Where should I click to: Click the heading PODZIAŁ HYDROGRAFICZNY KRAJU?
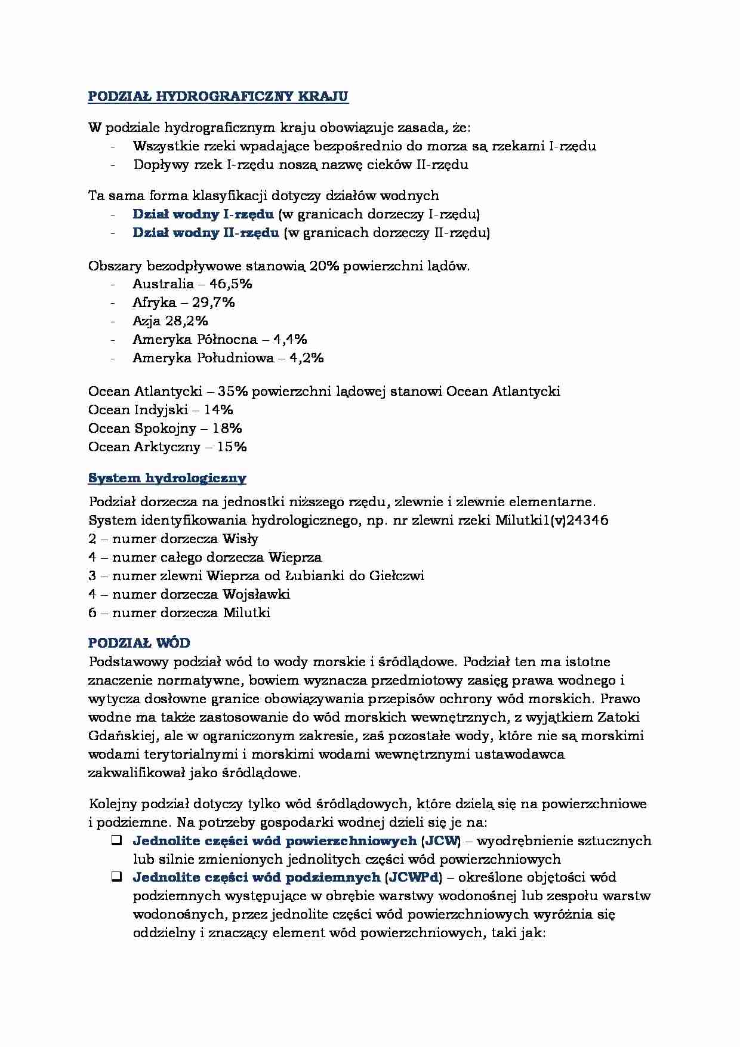(x=218, y=97)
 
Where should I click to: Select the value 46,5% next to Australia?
(x=230, y=284)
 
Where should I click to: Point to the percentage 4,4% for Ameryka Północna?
(x=290, y=339)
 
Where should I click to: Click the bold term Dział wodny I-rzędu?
(x=203, y=214)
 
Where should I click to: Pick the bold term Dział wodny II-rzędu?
(x=205, y=232)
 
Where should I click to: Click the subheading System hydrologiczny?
(x=167, y=478)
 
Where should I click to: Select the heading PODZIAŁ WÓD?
(x=139, y=643)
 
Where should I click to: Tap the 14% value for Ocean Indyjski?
(x=218, y=409)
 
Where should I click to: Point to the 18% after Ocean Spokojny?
(x=227, y=428)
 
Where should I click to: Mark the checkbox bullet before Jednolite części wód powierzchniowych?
(x=116, y=840)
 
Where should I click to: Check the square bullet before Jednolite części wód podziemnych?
(x=116, y=877)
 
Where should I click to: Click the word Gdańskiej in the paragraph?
(x=120, y=735)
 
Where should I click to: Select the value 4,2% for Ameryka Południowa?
(x=306, y=358)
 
